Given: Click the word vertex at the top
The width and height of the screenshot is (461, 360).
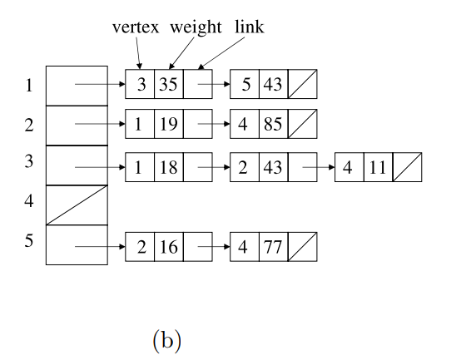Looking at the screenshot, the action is pos(136,27).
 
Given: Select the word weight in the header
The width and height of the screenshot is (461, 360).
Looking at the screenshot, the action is pos(196,28).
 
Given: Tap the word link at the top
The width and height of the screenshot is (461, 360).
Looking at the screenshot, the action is pos(250,27).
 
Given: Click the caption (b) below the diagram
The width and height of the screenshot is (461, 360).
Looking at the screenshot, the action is pos(166,340).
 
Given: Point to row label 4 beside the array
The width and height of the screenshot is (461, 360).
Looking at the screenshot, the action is pos(29,201).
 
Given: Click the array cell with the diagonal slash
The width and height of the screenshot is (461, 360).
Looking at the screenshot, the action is pos(77,205).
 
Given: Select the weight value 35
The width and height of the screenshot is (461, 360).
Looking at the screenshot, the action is pos(168,84).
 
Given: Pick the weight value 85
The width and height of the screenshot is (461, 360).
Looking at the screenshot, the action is pos(273,124).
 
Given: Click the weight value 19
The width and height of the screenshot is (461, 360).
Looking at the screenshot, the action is pos(168,124).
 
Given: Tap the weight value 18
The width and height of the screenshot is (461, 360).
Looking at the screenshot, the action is pos(168,167).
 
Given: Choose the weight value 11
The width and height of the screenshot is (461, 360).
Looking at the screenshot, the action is pos(378,167).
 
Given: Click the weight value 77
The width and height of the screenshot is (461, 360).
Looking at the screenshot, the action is pos(273,247).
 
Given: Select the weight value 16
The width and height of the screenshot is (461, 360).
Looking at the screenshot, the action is pos(168,247).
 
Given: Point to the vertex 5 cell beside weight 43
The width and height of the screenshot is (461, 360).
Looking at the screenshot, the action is pos(245,84).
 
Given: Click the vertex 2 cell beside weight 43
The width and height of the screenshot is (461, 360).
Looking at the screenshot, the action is pos(245,167).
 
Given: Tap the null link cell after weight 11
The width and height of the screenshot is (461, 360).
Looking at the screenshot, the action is pos(408,167).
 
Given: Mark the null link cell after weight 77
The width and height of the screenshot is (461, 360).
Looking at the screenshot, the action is pos(303,247).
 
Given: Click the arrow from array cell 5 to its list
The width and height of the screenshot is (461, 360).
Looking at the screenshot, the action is pos(100,247).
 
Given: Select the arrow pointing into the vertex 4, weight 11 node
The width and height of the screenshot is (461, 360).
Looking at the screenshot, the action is pos(319,167).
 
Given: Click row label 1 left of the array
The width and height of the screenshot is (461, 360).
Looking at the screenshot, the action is pos(29,86).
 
